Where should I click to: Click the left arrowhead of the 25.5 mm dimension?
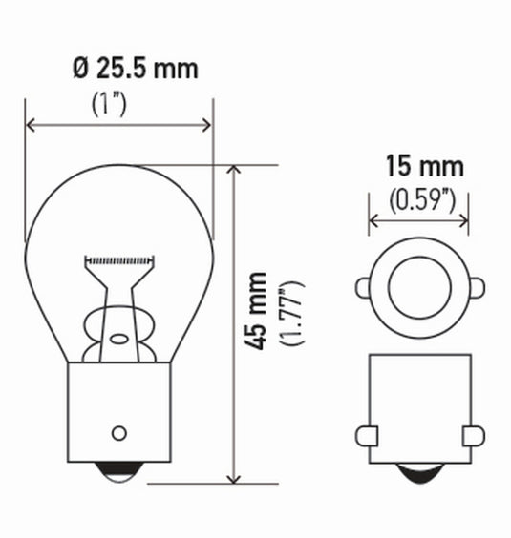coord(30,125)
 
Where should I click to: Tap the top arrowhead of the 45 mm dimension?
coord(232,170)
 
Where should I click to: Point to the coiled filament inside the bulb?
coord(118,259)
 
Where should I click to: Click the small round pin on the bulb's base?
coord(118,432)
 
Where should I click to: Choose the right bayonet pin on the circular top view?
coord(476,286)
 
